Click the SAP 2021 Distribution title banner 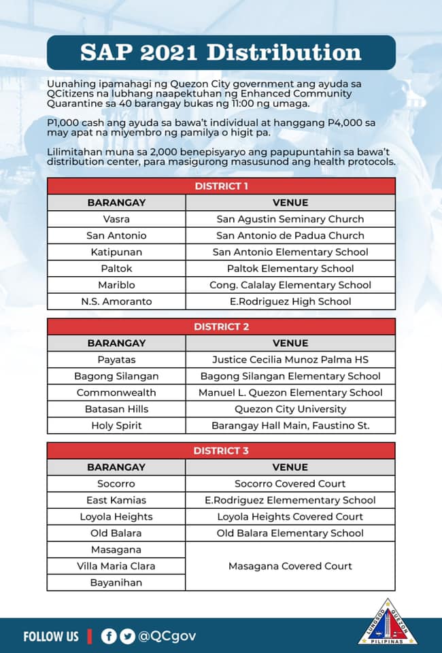click(221, 52)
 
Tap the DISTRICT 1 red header click(221, 186)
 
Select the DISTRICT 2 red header click(221, 326)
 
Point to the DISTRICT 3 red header click(221, 450)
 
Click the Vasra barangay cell click(116, 219)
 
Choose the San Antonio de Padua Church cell click(290, 235)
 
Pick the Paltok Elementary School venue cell click(290, 269)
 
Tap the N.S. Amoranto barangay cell click(116, 301)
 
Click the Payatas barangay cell click(116, 360)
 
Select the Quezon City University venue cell click(290, 409)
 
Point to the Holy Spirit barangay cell click(116, 426)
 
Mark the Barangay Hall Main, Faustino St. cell click(290, 426)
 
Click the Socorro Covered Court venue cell click(290, 484)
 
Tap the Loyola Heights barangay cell click(116, 517)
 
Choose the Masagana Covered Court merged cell click(290, 566)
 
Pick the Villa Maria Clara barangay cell click(116, 566)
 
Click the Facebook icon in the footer click(108, 636)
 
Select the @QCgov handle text click(167, 636)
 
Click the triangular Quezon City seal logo click(388, 623)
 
